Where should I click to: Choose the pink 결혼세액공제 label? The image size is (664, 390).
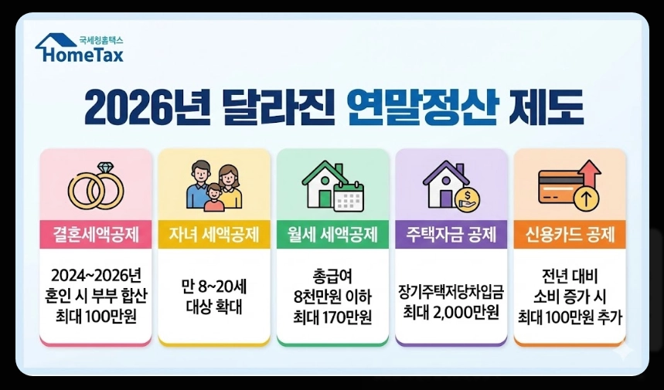(96, 234)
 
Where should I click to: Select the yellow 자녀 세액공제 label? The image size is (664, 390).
(214, 234)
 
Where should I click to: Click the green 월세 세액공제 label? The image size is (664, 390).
(332, 234)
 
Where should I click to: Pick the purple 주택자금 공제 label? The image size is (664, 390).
(451, 234)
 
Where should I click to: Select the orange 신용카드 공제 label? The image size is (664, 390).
(570, 234)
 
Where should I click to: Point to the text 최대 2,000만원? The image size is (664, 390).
(451, 313)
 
